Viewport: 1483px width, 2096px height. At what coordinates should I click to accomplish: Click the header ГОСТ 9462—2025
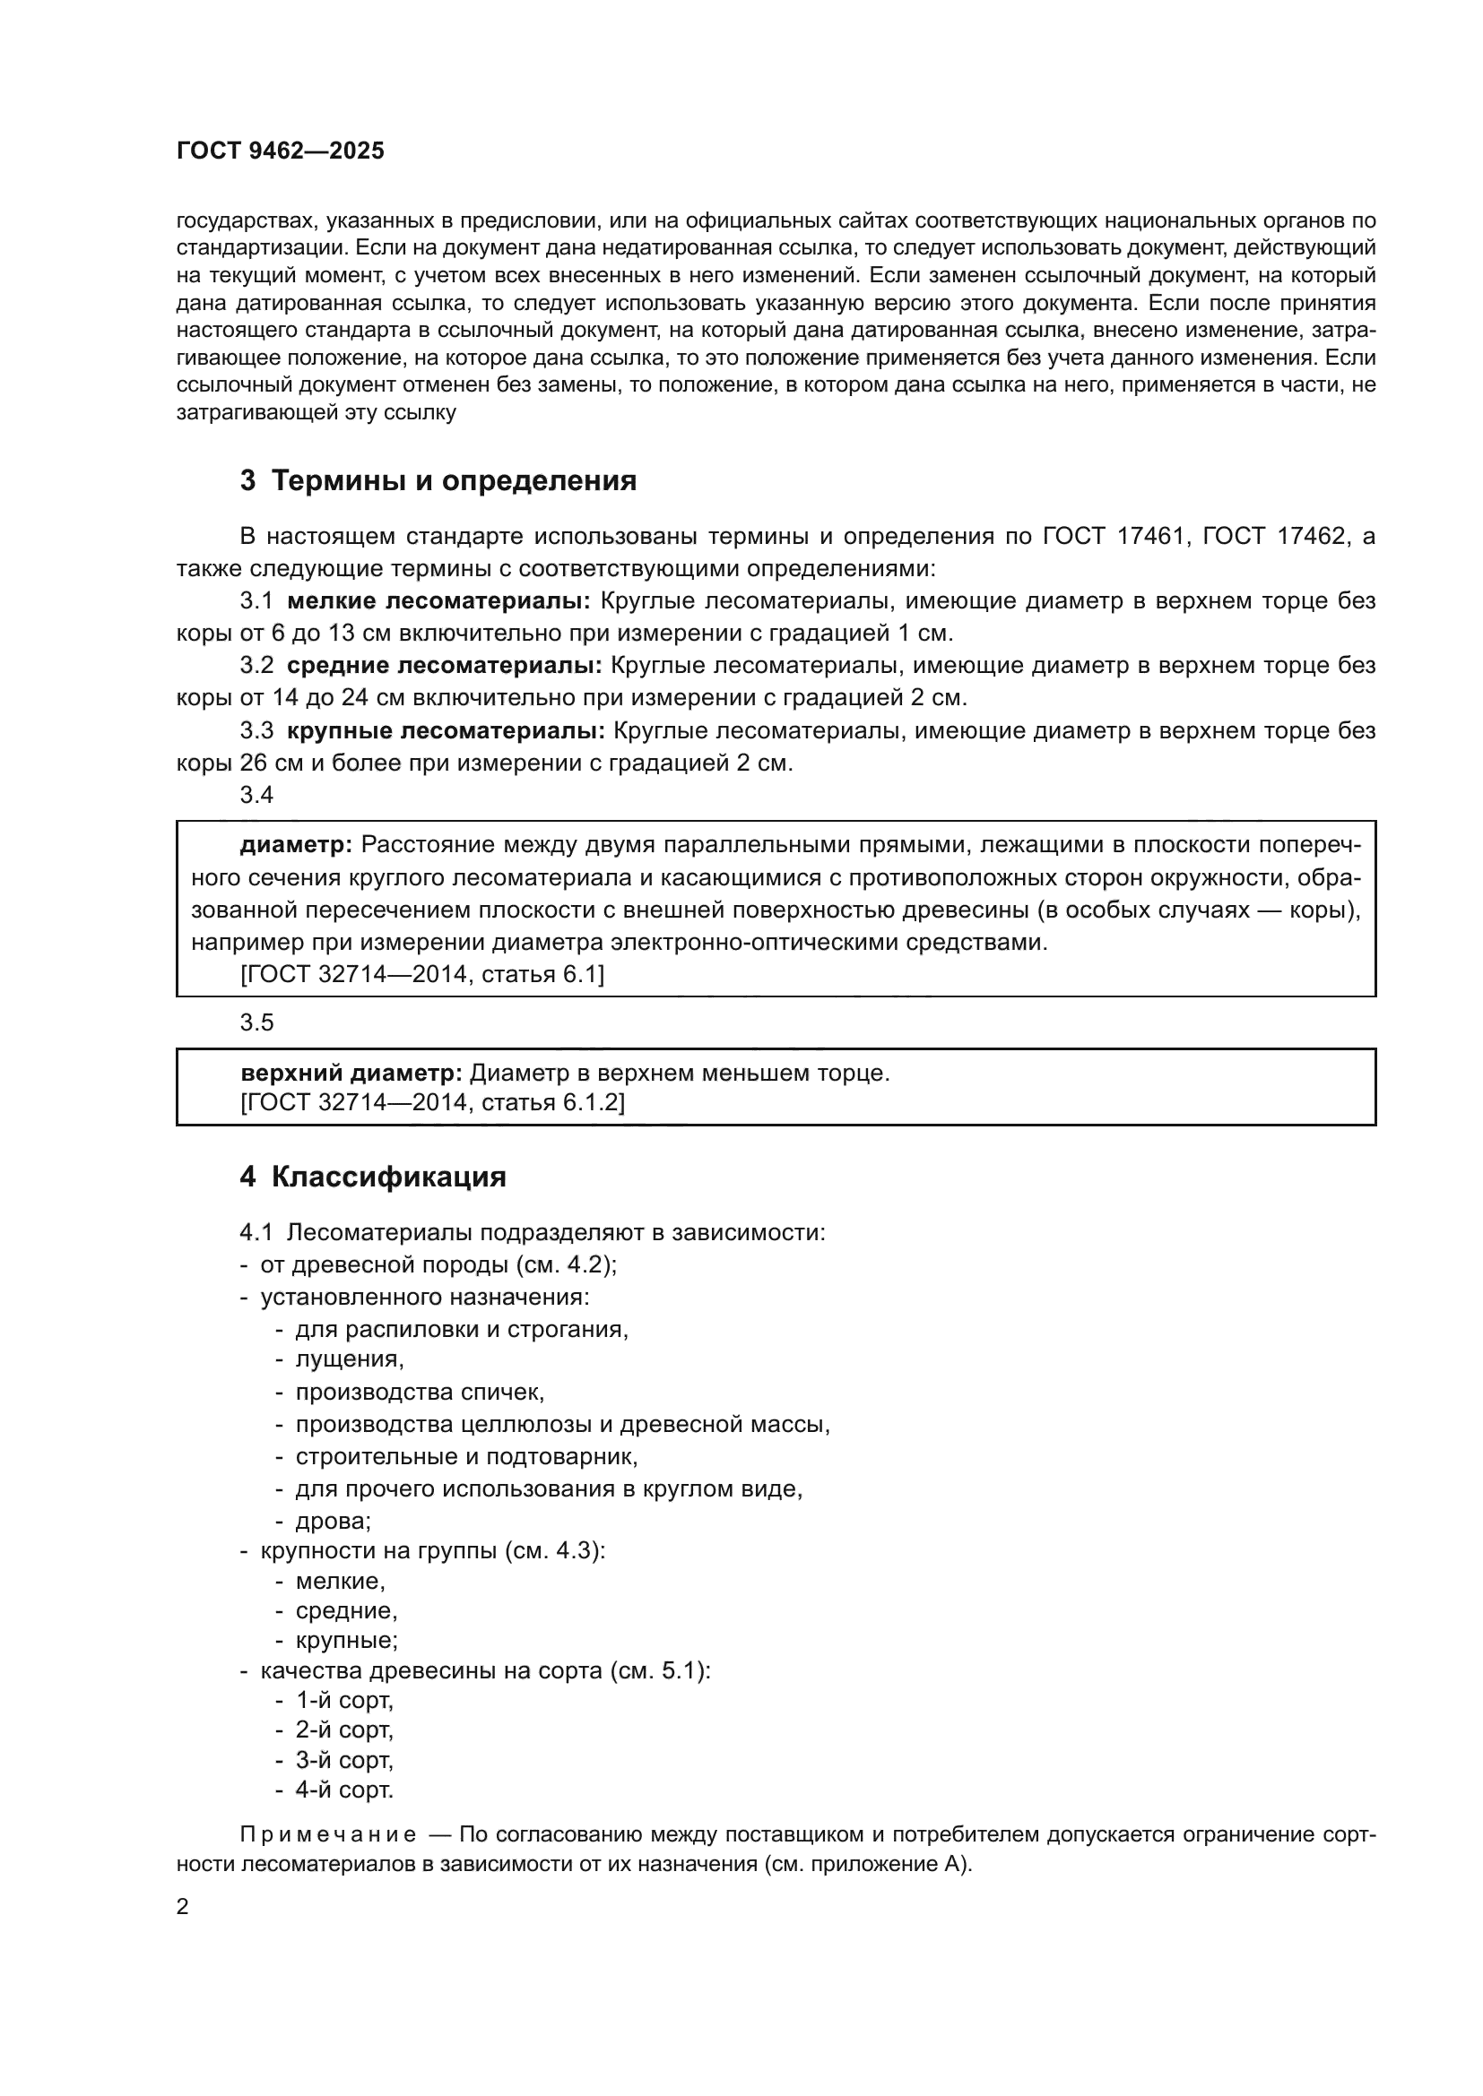pyautogui.click(x=281, y=151)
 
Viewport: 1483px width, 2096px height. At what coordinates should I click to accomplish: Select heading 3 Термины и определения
pyautogui.click(x=438, y=481)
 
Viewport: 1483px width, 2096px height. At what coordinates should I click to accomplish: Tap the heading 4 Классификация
pyautogui.click(x=373, y=1177)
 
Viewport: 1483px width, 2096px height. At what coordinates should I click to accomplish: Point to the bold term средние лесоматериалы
pyautogui.click(x=445, y=666)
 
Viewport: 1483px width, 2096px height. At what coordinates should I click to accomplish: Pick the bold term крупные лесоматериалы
pyautogui.click(x=446, y=731)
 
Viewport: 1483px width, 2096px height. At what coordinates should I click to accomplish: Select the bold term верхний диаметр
pyautogui.click(x=351, y=1074)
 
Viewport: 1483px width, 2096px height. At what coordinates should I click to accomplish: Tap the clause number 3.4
pyautogui.click(x=256, y=795)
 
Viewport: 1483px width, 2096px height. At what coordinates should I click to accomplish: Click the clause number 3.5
pyautogui.click(x=256, y=1022)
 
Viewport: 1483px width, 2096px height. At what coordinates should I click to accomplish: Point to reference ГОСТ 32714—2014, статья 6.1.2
pyautogui.click(x=432, y=1103)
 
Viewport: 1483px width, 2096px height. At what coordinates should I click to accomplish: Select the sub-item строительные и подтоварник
pyautogui.click(x=465, y=1457)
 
